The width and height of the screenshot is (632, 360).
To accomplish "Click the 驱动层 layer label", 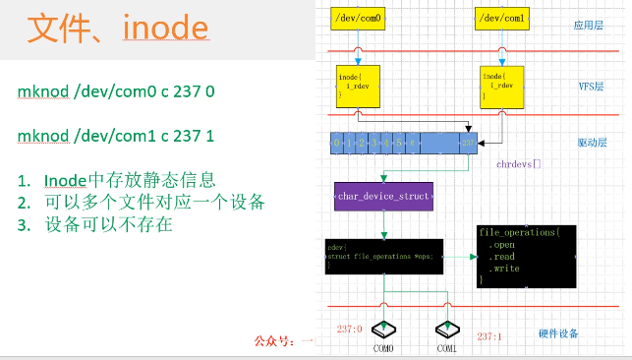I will coord(590,144).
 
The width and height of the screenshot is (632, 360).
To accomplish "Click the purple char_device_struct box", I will coord(383,197).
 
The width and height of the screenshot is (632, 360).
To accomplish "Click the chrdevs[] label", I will coord(519,163).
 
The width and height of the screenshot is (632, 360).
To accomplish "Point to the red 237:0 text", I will coord(350,329).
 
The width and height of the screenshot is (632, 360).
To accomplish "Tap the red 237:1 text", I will coord(490,336).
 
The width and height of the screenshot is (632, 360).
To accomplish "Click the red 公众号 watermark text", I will coord(281,341).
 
